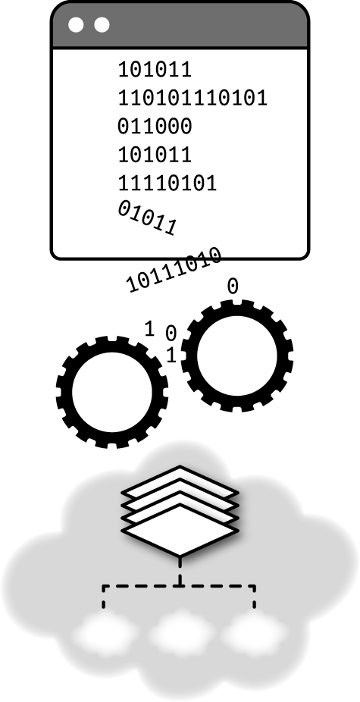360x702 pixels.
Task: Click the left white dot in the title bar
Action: click(x=76, y=25)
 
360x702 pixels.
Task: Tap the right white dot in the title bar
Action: click(x=102, y=25)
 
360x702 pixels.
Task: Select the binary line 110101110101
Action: click(x=193, y=98)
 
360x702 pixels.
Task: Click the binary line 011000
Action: click(x=155, y=127)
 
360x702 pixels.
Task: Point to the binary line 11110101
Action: click(x=167, y=183)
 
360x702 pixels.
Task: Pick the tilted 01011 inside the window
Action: click(x=147, y=218)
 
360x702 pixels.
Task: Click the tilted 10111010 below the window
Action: click(x=174, y=270)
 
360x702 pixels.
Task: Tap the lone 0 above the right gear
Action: click(x=233, y=287)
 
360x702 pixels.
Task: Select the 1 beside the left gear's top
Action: click(x=149, y=329)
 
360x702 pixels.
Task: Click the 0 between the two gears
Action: click(x=171, y=333)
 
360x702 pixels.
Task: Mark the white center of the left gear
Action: click(x=112, y=392)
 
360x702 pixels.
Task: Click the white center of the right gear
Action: click(x=237, y=356)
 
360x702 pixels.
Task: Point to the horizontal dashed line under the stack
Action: click(x=179, y=585)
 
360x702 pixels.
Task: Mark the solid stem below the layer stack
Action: click(x=180, y=571)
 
